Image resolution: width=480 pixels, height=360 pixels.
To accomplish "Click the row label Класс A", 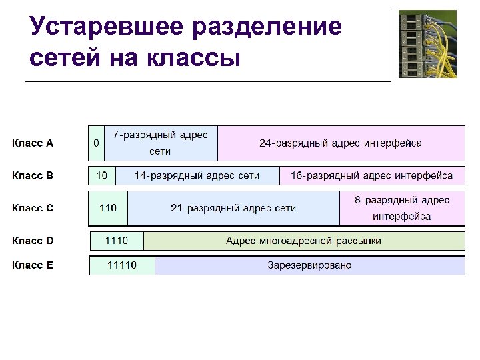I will [33, 143].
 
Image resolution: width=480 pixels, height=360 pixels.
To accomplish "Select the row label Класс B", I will [33, 176].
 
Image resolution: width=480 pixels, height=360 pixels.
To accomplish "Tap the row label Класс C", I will [33, 208].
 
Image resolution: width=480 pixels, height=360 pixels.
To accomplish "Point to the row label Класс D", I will [33, 241].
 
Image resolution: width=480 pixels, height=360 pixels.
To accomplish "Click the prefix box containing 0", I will [97, 143].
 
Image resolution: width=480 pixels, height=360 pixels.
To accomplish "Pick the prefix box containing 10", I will [102, 176].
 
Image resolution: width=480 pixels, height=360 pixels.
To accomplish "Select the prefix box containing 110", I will [108, 208].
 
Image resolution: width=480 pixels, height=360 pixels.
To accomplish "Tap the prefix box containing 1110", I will [117, 241].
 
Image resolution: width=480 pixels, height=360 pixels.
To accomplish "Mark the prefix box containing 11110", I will [122, 265].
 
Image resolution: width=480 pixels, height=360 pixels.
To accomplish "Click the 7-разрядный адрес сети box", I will [161, 143].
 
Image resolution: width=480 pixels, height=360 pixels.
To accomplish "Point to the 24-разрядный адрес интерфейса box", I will [341, 143].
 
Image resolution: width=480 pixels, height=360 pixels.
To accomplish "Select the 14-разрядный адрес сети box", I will [197, 176].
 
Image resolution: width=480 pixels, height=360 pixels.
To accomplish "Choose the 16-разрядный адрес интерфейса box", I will [371, 176].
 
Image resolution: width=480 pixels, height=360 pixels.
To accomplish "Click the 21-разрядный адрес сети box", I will [233, 208].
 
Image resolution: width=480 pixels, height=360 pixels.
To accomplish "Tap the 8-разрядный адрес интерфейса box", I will [402, 208].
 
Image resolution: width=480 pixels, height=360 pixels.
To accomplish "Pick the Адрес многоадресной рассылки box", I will [304, 241].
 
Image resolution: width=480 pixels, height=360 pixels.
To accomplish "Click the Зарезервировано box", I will [309, 265].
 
